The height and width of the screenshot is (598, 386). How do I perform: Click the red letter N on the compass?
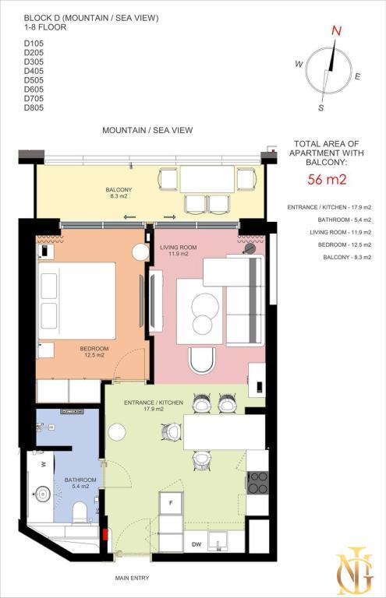(x=336, y=31)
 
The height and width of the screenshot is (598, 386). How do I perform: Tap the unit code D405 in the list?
(x=34, y=71)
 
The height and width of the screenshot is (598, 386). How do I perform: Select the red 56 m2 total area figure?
(x=327, y=180)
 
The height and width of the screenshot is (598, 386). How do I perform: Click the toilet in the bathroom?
(x=80, y=512)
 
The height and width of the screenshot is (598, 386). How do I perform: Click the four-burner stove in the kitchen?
(x=257, y=483)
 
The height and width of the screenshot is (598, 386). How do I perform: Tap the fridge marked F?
(x=171, y=504)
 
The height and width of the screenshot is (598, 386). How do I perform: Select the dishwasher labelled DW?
(x=197, y=544)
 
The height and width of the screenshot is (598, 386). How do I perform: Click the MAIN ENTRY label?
(x=132, y=579)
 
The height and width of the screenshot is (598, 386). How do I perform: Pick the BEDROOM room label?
(x=94, y=349)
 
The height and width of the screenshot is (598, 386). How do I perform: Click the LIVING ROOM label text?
(x=179, y=247)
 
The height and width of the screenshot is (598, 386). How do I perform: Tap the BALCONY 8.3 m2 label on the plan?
(x=119, y=193)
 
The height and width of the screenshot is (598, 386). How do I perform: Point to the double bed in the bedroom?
(x=76, y=301)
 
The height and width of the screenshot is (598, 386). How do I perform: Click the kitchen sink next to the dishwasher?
(x=220, y=542)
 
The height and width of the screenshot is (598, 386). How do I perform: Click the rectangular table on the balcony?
(x=207, y=179)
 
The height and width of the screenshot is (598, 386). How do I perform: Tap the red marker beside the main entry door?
(x=105, y=533)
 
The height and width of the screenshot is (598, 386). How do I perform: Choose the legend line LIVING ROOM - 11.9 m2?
(x=341, y=232)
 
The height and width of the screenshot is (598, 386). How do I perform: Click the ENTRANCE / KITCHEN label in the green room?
(x=154, y=403)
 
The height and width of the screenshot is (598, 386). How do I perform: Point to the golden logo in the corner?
(x=354, y=570)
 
